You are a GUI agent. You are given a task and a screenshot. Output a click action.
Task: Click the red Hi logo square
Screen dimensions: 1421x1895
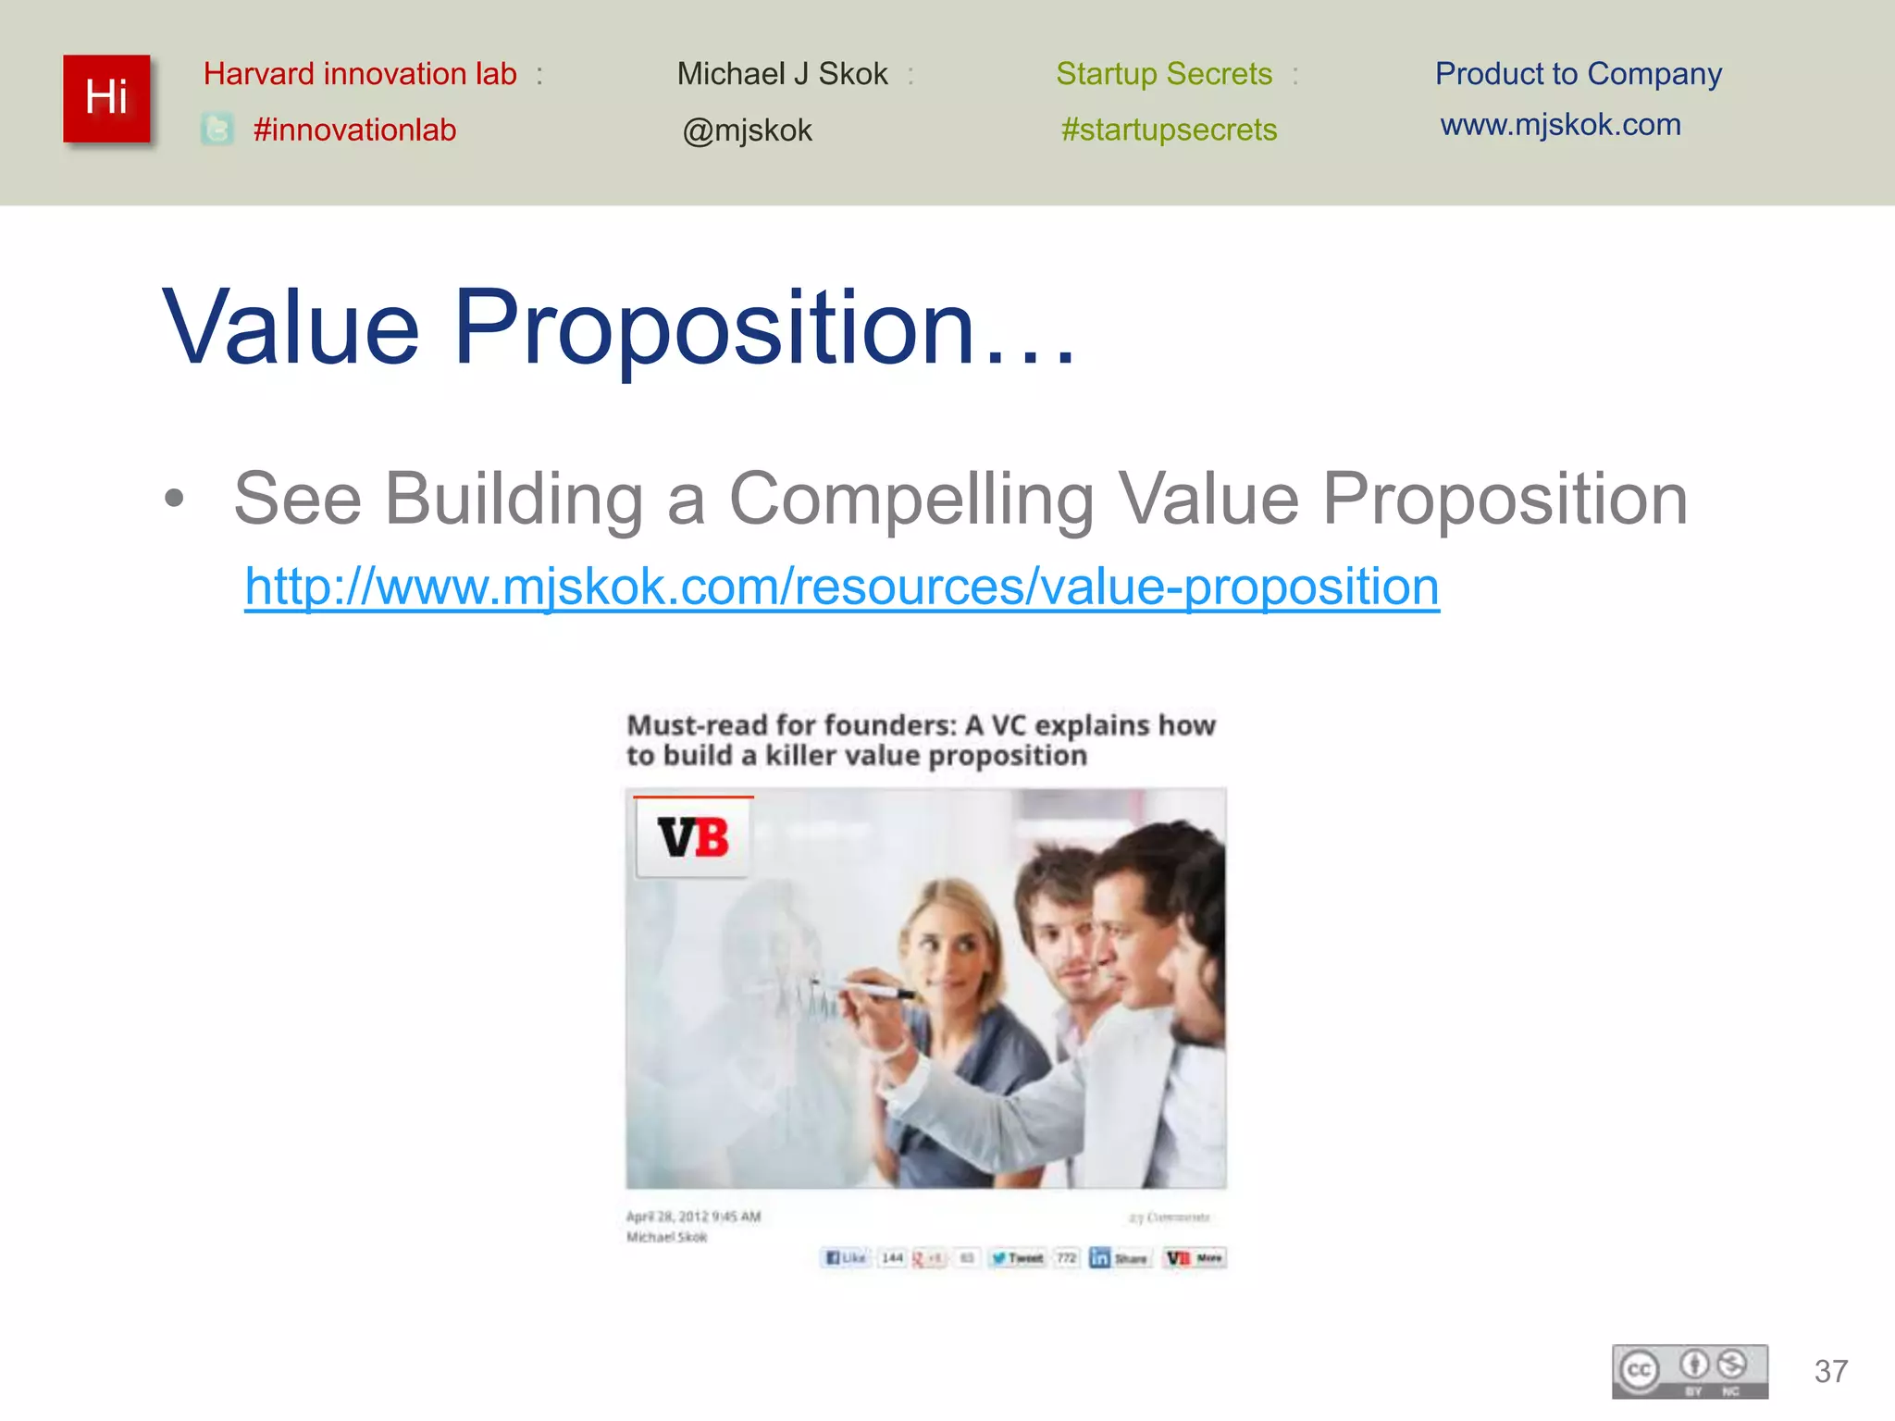click(x=106, y=98)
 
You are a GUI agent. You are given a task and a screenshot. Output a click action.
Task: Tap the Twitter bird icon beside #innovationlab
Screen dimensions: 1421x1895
click(x=217, y=130)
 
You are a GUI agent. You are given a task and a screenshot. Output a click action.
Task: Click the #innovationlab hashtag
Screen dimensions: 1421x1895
click(x=354, y=130)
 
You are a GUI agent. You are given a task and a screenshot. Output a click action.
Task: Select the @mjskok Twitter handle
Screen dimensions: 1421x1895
click(x=747, y=130)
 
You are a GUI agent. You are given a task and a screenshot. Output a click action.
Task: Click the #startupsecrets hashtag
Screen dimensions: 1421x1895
click(x=1169, y=130)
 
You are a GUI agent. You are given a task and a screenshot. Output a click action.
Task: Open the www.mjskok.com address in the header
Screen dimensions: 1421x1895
click(x=1560, y=125)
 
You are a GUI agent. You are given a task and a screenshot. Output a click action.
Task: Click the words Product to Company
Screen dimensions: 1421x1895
click(x=1578, y=74)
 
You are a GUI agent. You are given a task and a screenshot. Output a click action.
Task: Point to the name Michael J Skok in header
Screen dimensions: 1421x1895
click(x=782, y=74)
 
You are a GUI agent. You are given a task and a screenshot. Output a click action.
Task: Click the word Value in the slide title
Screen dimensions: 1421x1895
click(x=291, y=328)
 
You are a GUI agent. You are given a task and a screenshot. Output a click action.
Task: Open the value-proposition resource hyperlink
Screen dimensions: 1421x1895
click(x=841, y=587)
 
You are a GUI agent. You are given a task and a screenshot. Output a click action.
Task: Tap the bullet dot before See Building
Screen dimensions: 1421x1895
click(x=174, y=500)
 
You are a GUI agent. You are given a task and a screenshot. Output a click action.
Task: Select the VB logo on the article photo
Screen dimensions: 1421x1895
click(x=693, y=837)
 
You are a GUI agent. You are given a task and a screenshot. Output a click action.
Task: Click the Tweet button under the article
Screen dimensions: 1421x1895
click(x=1018, y=1258)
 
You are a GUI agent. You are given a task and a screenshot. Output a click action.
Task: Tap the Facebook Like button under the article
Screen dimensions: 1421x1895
click(x=846, y=1258)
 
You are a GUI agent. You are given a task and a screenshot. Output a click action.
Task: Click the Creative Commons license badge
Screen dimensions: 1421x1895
click(x=1690, y=1371)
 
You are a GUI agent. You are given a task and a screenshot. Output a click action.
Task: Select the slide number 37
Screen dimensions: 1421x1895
click(x=1831, y=1371)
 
